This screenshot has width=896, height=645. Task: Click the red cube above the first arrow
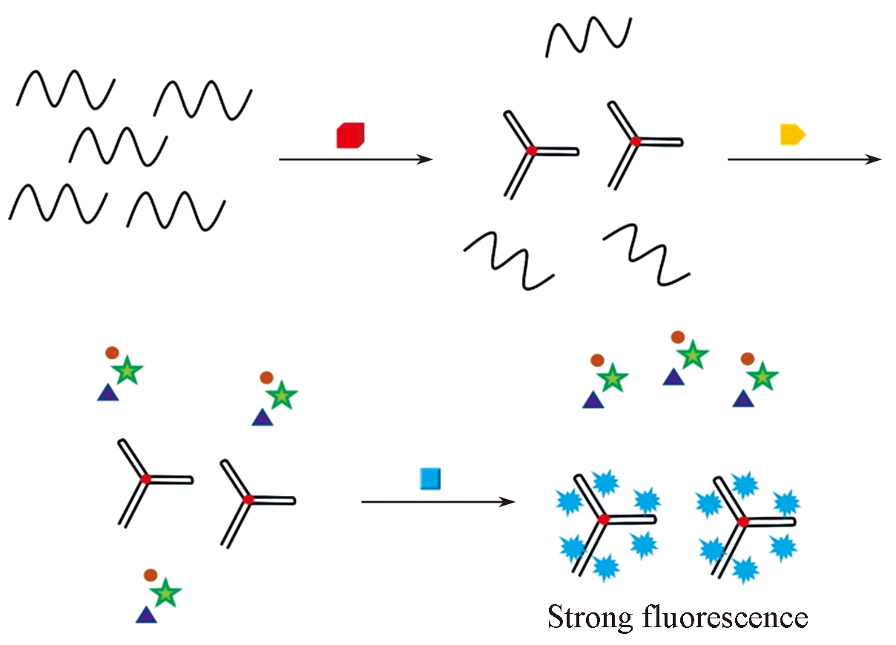coord(350,136)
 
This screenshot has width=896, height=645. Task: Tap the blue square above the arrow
coord(430,478)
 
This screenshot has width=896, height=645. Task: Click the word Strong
coord(587,617)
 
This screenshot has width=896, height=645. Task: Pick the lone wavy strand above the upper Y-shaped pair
coord(589,36)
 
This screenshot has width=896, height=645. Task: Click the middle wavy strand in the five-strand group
coord(118,144)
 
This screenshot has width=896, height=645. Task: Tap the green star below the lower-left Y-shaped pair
coord(165,592)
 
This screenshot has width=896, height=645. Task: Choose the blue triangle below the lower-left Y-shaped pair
coord(145,615)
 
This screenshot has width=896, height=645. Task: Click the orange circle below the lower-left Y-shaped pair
coord(151,574)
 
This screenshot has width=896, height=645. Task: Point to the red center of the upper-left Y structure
coord(531,150)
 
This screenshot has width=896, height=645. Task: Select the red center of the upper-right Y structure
coord(635,140)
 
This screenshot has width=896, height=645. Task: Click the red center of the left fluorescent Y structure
coord(604,519)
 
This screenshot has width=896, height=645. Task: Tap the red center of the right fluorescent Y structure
coord(743,523)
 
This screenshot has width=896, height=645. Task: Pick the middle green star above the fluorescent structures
coord(692,356)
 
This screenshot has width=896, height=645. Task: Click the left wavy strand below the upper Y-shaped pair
coord(509,259)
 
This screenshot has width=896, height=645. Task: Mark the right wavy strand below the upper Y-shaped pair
coord(647,254)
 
